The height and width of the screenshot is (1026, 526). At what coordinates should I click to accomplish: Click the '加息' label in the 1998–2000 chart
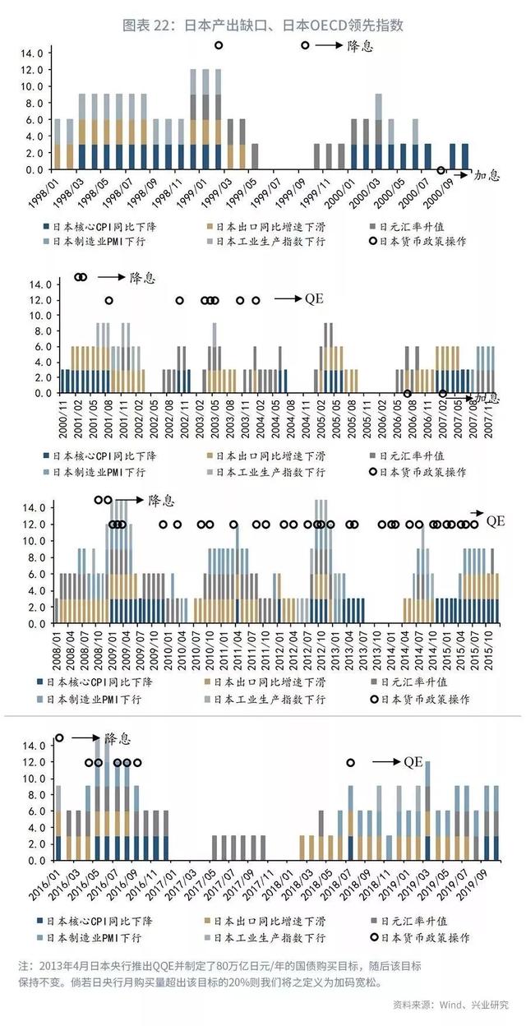[x=483, y=175]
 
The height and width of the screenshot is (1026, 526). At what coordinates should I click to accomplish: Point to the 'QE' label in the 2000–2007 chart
[x=315, y=299]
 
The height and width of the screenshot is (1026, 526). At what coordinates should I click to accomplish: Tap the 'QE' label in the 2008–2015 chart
[x=496, y=520]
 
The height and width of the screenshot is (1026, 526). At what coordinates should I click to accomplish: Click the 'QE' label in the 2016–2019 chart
[x=413, y=762]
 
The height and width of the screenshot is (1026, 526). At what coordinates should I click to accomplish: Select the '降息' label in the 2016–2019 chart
[x=118, y=737]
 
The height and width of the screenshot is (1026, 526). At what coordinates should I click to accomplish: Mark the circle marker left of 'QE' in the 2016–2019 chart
[x=351, y=763]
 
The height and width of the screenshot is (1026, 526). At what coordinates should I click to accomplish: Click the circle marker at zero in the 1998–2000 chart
[x=441, y=171]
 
